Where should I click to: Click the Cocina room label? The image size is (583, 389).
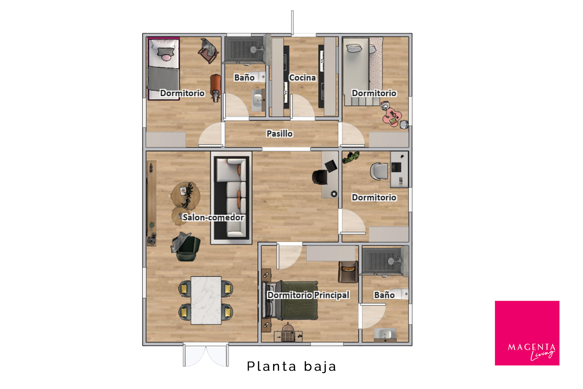[302, 77]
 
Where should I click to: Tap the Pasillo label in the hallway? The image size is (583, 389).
[280, 133]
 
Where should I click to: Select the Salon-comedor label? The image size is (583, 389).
[213, 217]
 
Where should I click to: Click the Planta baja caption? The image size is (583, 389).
[291, 366]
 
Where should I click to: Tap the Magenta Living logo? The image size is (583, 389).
[527, 333]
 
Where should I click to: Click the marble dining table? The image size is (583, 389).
[206, 300]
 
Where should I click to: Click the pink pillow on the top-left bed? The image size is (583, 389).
[166, 58]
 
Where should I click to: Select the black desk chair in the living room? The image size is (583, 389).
[320, 176]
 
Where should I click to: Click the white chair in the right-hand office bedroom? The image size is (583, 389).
[379, 171]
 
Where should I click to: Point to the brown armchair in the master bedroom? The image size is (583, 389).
[348, 272]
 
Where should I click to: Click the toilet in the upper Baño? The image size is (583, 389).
[256, 77]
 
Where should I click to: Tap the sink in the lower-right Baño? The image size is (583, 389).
[385, 335]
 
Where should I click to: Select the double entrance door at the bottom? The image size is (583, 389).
[205, 355]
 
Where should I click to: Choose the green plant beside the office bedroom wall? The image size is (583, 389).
[351, 157]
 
